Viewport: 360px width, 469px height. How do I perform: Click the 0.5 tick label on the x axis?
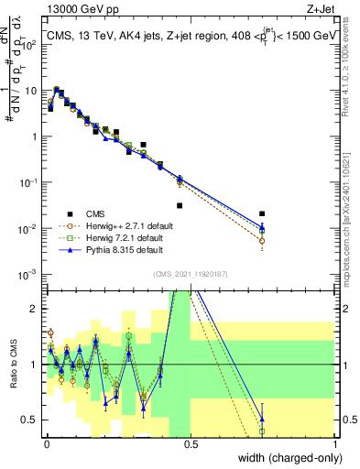pyautogui.click(x=191, y=444)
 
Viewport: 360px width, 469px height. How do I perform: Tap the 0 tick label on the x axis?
pyautogui.click(x=47, y=444)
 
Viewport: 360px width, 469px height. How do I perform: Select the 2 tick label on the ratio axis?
pyautogui.click(x=34, y=309)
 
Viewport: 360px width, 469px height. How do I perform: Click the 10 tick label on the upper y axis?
pyautogui.click(x=30, y=91)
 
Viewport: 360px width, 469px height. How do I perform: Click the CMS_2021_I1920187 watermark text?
pyautogui.click(x=190, y=274)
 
